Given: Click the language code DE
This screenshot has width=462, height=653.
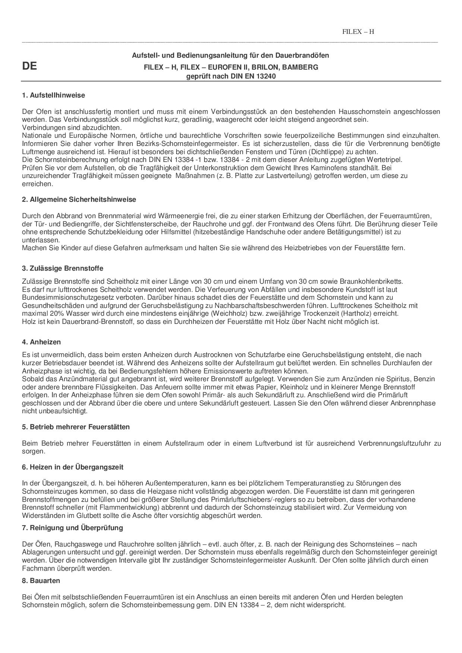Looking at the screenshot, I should pos(29,66).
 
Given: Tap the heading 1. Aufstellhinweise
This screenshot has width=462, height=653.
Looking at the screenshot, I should pos(53,95).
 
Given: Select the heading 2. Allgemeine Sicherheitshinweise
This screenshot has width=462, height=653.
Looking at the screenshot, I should pos(79,200).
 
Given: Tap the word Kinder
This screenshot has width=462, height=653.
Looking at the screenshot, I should pos(67,248).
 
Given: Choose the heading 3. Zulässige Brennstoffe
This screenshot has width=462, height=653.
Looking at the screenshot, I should pos(63,268).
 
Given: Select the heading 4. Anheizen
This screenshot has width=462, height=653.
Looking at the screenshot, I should pos(41,342).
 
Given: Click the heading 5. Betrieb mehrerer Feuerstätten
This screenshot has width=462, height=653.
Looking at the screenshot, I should pos(76,427).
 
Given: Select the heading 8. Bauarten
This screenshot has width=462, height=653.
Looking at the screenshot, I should pos(41,581).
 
